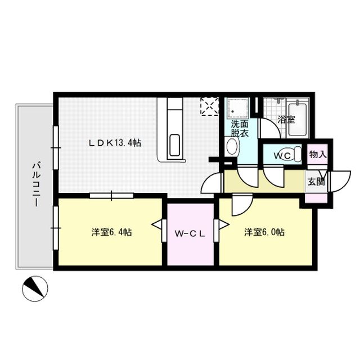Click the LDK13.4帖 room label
(115, 143)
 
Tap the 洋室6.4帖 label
(111, 232)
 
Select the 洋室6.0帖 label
(264, 232)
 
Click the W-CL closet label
(190, 234)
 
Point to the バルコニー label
(36, 184)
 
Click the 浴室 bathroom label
(286, 119)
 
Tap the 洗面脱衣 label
(240, 129)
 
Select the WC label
(282, 156)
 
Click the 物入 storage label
(318, 155)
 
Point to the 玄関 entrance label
(316, 182)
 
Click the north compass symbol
(35, 289)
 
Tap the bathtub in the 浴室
(298, 119)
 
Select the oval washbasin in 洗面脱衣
(232, 146)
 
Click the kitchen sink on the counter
(175, 145)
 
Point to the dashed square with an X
(209, 106)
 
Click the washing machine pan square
(238, 108)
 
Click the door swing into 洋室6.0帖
(242, 205)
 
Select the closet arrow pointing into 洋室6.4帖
(157, 225)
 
